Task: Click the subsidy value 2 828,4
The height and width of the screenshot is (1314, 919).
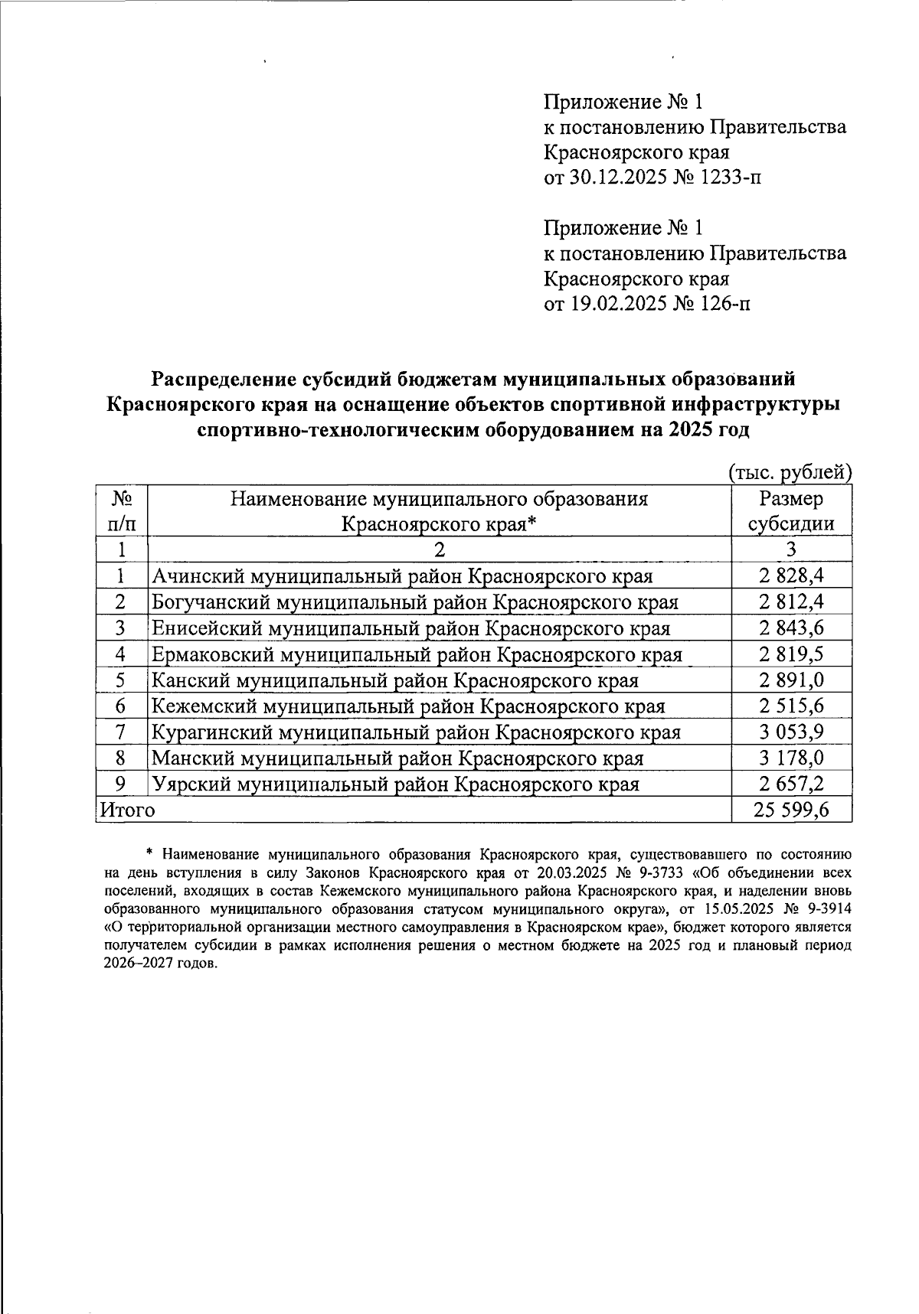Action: point(791,575)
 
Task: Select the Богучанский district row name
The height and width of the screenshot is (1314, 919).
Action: point(414,602)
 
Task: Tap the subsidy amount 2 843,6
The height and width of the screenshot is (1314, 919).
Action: point(791,628)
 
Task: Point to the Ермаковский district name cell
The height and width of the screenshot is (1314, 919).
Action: point(417,654)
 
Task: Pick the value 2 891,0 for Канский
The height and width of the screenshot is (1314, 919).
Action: point(791,680)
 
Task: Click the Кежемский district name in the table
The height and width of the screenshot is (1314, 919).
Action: point(408,706)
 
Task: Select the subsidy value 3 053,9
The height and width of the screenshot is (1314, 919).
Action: point(791,732)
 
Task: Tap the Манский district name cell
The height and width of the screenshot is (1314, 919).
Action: point(397,758)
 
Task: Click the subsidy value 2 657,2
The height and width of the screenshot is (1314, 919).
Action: point(791,784)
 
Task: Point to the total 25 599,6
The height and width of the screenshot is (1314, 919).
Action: point(791,810)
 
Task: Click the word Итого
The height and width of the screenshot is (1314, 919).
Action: point(127,810)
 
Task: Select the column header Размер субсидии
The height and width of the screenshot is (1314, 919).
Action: point(791,511)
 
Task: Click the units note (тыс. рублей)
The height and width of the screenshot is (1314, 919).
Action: point(790,473)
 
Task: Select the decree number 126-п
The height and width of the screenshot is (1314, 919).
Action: point(723,304)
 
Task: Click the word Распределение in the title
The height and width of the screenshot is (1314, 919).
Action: point(220,379)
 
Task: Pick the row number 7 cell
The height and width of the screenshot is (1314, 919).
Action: point(121,732)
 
